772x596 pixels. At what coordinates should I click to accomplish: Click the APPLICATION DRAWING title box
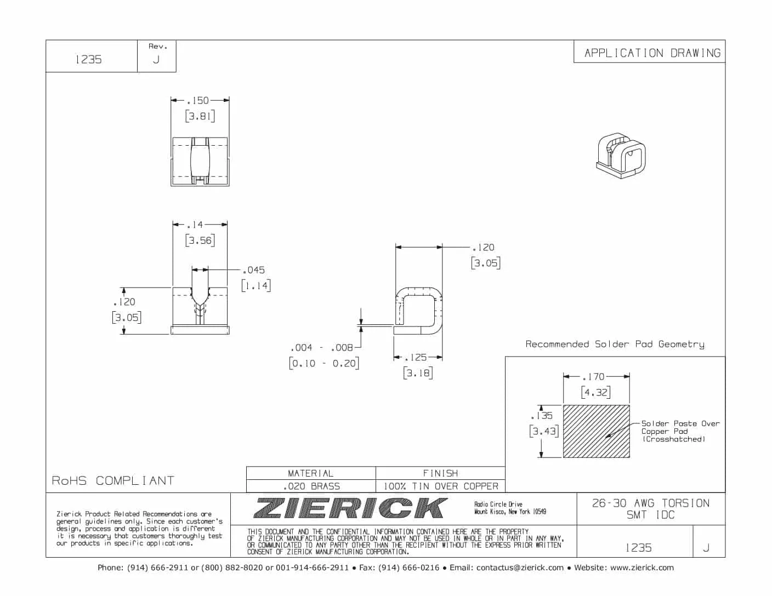pyautogui.click(x=652, y=53)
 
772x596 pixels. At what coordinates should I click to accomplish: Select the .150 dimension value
pyautogui.click(x=198, y=101)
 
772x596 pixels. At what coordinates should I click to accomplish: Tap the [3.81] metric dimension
pyautogui.click(x=200, y=116)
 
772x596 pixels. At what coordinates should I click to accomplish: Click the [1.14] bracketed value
pyautogui.click(x=256, y=285)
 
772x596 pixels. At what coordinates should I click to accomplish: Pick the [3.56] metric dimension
pyautogui.click(x=200, y=240)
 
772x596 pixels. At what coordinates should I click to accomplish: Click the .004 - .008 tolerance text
pyautogui.click(x=322, y=348)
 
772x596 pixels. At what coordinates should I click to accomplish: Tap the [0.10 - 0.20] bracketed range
pyautogui.click(x=324, y=363)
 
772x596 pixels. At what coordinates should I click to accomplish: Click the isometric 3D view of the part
pyautogui.click(x=621, y=155)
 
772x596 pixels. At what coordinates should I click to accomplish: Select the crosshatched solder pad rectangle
pyautogui.click(x=596, y=431)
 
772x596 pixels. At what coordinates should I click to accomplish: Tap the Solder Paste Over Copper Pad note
pyautogui.click(x=680, y=431)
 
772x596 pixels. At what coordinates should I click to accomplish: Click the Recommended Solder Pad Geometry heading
pyautogui.click(x=615, y=345)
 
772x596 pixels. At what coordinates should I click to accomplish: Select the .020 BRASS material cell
pyautogui.click(x=311, y=486)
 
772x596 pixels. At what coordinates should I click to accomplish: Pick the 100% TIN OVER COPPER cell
pyautogui.click(x=441, y=486)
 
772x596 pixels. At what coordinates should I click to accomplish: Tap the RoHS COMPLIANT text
pyautogui.click(x=113, y=481)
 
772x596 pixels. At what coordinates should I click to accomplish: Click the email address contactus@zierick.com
pyautogui.click(x=520, y=568)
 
